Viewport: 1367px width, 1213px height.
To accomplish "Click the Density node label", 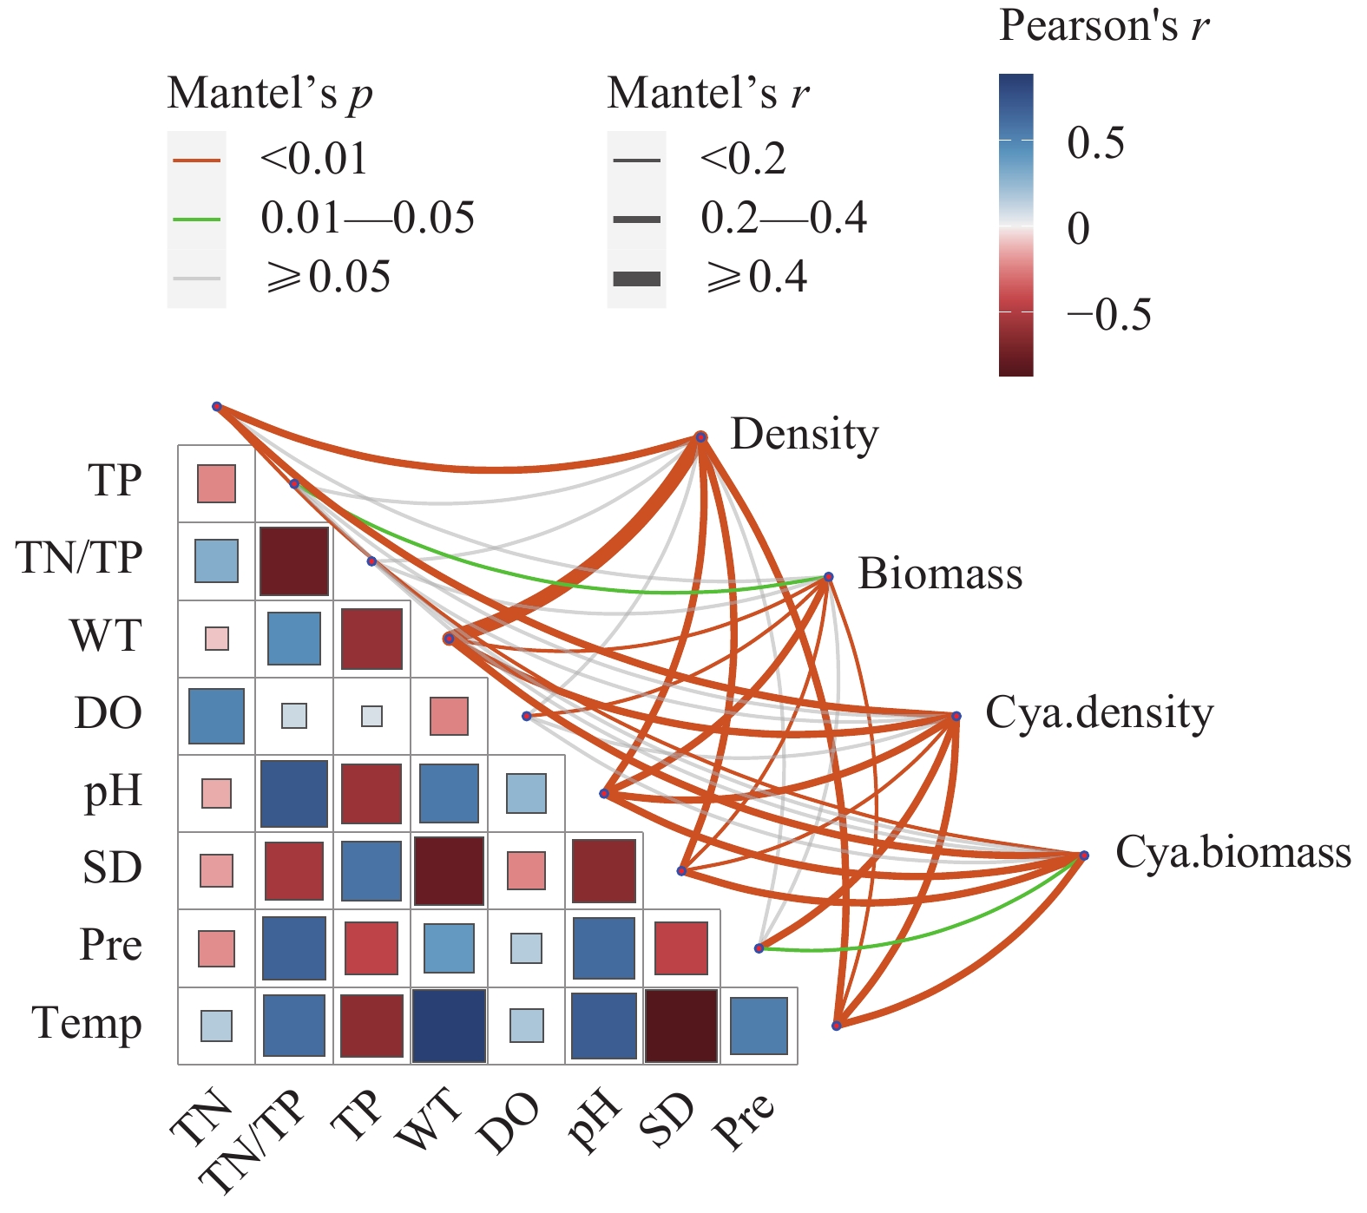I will point(805,434).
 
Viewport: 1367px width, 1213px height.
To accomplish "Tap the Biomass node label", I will point(940,574).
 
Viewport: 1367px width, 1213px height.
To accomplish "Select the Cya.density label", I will point(1099,713).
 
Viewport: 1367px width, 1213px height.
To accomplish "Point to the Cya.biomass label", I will point(1232,852).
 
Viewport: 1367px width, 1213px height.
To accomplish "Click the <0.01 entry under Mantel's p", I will point(313,160).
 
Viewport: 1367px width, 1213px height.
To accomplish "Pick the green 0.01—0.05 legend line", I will point(197,219).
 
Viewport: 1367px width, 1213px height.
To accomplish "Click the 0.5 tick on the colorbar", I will point(1095,142).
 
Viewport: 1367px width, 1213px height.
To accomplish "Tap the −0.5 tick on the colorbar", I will point(1109,314).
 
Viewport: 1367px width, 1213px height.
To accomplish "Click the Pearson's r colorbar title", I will point(1103,26).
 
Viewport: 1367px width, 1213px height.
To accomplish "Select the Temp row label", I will point(87,1024).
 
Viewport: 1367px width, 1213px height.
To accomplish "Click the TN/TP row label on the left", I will point(79,557).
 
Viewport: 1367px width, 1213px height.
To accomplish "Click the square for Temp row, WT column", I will point(449,1026).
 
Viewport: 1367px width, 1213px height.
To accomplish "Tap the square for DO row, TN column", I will point(216,716).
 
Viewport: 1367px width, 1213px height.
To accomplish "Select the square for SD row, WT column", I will point(449,870).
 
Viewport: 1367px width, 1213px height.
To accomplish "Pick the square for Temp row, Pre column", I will point(759,1026).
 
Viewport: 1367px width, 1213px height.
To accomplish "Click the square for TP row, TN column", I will point(216,483).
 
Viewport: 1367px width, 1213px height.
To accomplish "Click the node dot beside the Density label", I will point(701,437).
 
